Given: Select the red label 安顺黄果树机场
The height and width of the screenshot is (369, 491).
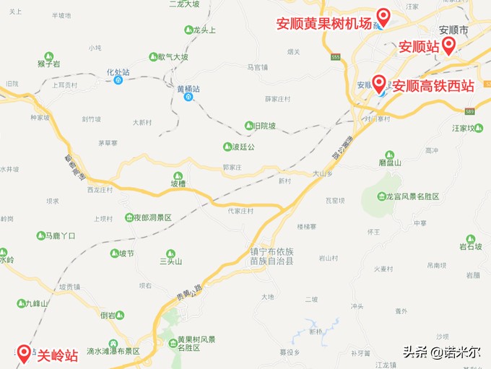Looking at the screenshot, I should click(324, 23).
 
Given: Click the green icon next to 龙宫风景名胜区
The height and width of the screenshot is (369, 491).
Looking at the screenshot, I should click(382, 196).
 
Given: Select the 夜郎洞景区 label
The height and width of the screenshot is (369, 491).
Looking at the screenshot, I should click(152, 217).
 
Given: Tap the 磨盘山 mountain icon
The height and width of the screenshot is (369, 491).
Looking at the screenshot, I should click(390, 155).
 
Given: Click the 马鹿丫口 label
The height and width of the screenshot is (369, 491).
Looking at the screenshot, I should click(60, 235).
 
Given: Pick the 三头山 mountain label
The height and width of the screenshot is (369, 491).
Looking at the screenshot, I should click(171, 262).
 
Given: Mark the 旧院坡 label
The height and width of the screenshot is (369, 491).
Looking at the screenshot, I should click(264, 126).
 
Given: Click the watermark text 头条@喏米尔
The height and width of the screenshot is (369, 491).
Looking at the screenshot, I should click(442, 352).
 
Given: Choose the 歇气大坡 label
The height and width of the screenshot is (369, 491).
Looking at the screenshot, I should click(174, 57).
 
